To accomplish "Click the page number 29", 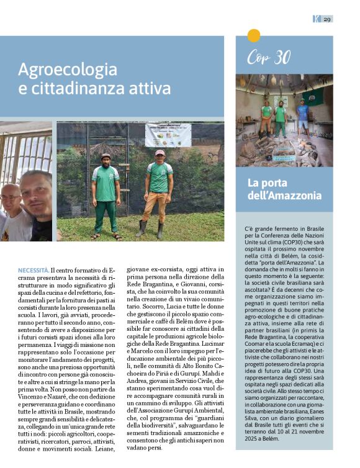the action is [x=327, y=19].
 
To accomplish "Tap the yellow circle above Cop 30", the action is [x=254, y=35].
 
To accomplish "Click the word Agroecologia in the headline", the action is [x=68, y=69].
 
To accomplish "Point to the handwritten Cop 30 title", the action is [x=268, y=58].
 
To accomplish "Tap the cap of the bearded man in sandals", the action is [x=106, y=156].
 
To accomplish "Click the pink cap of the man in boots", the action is [x=160, y=153].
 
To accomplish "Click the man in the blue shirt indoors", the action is [x=302, y=118].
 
